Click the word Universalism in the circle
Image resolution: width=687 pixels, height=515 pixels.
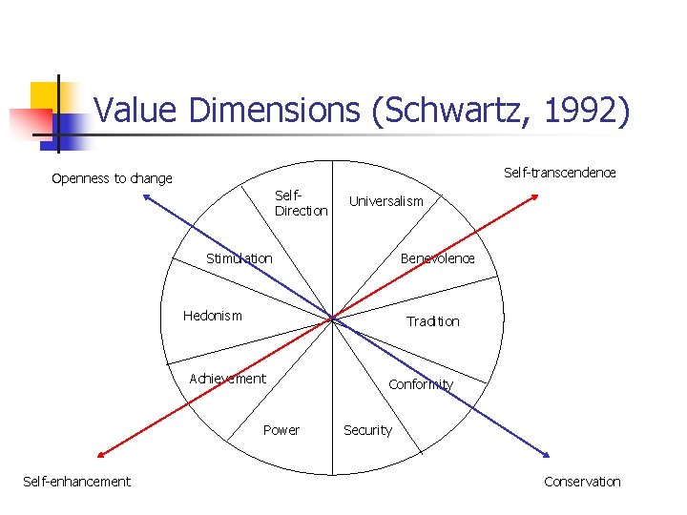click(x=385, y=201)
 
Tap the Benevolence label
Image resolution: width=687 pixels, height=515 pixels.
click(x=437, y=258)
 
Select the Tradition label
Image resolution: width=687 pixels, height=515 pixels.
click(x=432, y=321)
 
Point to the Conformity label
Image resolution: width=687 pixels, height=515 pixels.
click(x=420, y=385)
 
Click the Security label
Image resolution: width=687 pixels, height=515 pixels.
click(x=367, y=430)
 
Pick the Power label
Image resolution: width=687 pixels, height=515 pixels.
click(x=281, y=430)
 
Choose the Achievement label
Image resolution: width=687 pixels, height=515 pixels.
click(x=227, y=379)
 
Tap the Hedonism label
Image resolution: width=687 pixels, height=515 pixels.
click(x=212, y=316)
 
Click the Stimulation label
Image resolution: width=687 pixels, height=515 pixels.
click(x=239, y=258)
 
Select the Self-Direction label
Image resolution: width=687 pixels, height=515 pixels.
click(x=301, y=203)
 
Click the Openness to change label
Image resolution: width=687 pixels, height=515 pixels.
click(x=112, y=178)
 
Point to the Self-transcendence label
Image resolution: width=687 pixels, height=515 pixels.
click(x=559, y=173)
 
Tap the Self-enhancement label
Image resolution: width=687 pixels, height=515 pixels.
click(x=76, y=482)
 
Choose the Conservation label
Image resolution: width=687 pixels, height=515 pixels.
click(x=582, y=482)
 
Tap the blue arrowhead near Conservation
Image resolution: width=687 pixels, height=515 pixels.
click(x=546, y=455)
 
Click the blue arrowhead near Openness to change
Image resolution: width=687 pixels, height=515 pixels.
click(x=146, y=196)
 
